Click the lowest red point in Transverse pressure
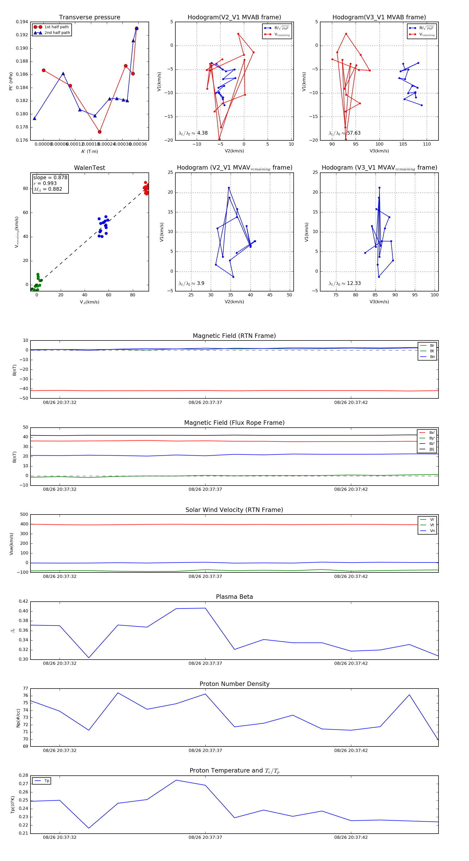[x=100, y=132]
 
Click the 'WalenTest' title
[x=89, y=168]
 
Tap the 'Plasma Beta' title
[x=234, y=597]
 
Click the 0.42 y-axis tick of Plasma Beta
[x=23, y=601]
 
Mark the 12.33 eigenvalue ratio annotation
[x=354, y=283]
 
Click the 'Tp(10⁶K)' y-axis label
[x=13, y=805]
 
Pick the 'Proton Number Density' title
[x=234, y=684]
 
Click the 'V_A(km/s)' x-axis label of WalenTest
[x=89, y=302]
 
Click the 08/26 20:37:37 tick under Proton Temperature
[x=205, y=837]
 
